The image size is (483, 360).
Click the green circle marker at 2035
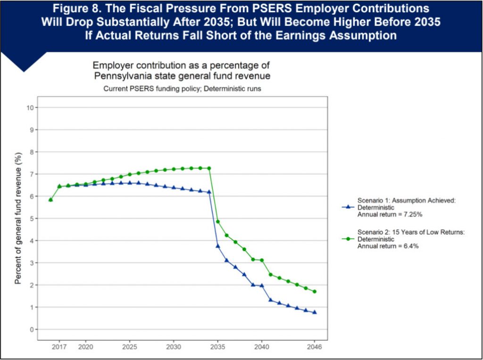[217, 221]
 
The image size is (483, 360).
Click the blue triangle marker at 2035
[217, 245]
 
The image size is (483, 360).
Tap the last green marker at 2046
[314, 292]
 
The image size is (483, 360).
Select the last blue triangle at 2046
[314, 312]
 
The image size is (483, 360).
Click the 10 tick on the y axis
[31, 107]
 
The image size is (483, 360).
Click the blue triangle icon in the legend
[348, 206]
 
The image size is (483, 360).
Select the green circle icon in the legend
[348, 239]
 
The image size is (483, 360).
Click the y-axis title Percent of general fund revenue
[18, 218]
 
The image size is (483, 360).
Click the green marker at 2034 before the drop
[208, 168]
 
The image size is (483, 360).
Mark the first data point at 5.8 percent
[50, 200]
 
